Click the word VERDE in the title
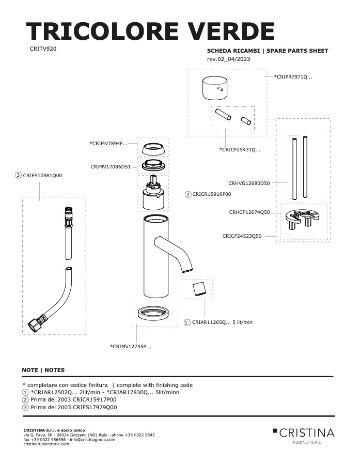231,31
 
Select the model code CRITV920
43,49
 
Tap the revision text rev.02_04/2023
228,59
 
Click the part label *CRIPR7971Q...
293,77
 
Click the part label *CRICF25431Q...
240,149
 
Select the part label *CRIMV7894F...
108,144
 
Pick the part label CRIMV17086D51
111,167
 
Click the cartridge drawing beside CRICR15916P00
153,193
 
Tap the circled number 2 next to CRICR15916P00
188,195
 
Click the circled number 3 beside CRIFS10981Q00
19,175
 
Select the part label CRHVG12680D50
249,183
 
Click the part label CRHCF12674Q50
249,212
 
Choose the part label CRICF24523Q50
242,236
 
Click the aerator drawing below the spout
199,289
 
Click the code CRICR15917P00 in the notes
95,399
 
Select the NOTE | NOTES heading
43,370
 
